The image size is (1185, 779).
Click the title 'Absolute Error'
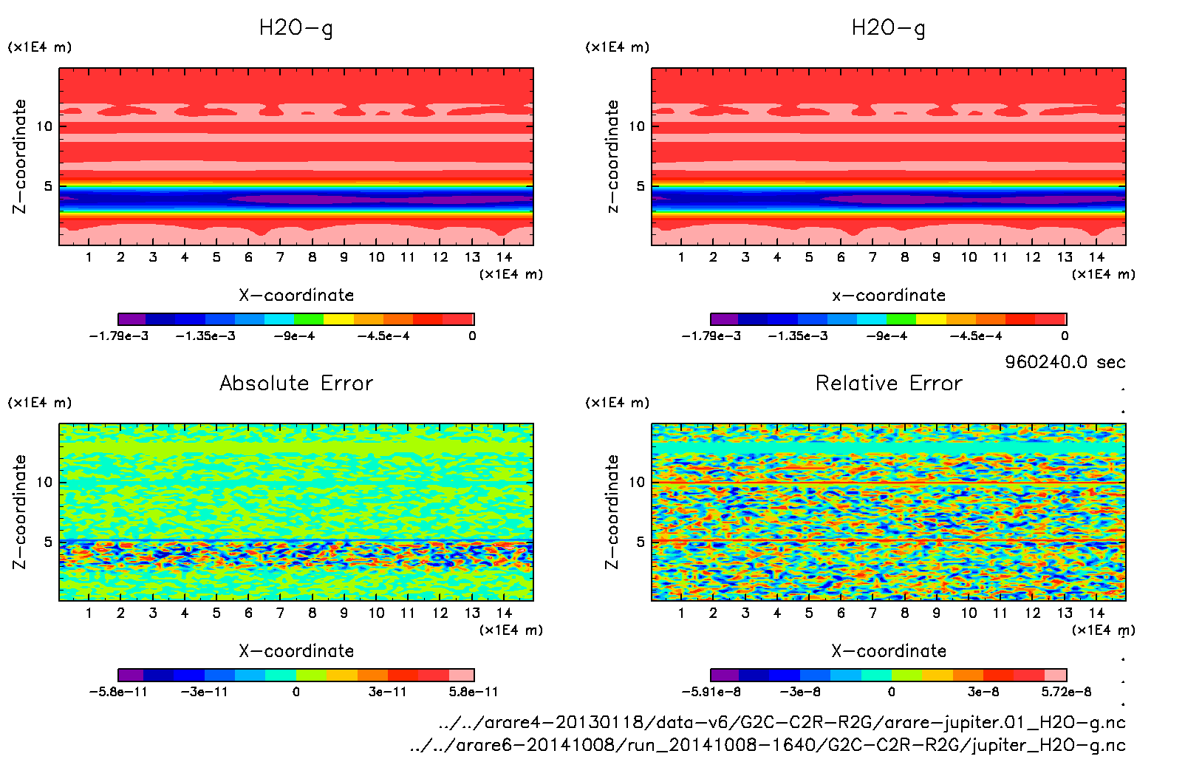tap(296, 383)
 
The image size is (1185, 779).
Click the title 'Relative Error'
tap(889, 383)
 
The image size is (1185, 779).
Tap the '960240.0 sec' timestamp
tap(1065, 362)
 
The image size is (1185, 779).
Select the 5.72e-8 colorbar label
tap(1066, 692)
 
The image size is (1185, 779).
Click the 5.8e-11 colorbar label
tap(473, 692)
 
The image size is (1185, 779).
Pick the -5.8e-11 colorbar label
tap(118, 692)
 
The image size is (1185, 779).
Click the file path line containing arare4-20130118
tap(782, 722)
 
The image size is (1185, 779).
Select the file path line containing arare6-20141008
tap(768, 745)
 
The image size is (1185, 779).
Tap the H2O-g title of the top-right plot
tap(889, 28)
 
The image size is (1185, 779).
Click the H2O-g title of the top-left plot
tap(296, 28)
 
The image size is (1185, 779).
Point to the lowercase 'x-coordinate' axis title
tap(889, 296)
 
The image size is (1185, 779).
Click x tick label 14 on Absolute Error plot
tap(504, 613)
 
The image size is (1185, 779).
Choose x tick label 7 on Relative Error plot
tap(872, 613)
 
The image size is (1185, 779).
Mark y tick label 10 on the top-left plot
tap(44, 126)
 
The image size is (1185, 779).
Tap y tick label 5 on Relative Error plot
tap(640, 542)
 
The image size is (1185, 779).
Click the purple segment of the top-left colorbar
tap(132, 319)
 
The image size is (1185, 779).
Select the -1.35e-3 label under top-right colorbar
tap(798, 336)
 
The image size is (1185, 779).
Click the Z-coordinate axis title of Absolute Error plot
tap(19, 511)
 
